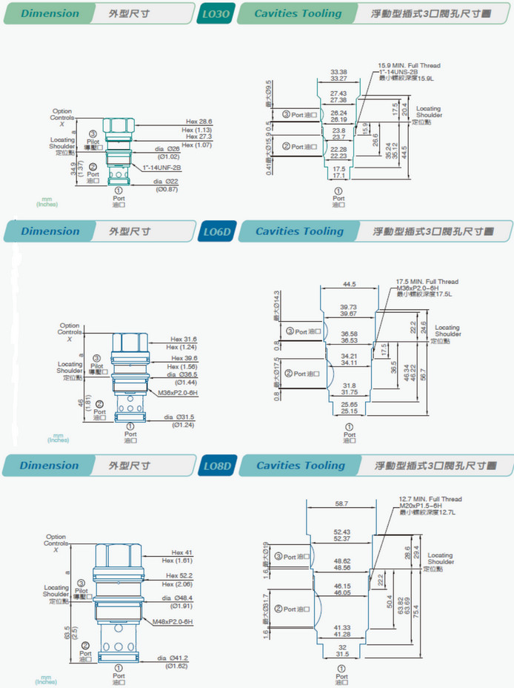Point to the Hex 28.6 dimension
[x=198, y=121]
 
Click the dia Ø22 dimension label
[x=167, y=181]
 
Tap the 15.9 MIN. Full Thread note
[x=409, y=66]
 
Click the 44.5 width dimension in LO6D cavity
[x=349, y=284]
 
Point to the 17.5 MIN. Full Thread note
[x=427, y=282]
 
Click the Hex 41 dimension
[x=182, y=552]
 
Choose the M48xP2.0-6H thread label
[x=172, y=621]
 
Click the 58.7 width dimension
[x=341, y=503]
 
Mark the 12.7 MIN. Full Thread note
[x=430, y=499]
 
